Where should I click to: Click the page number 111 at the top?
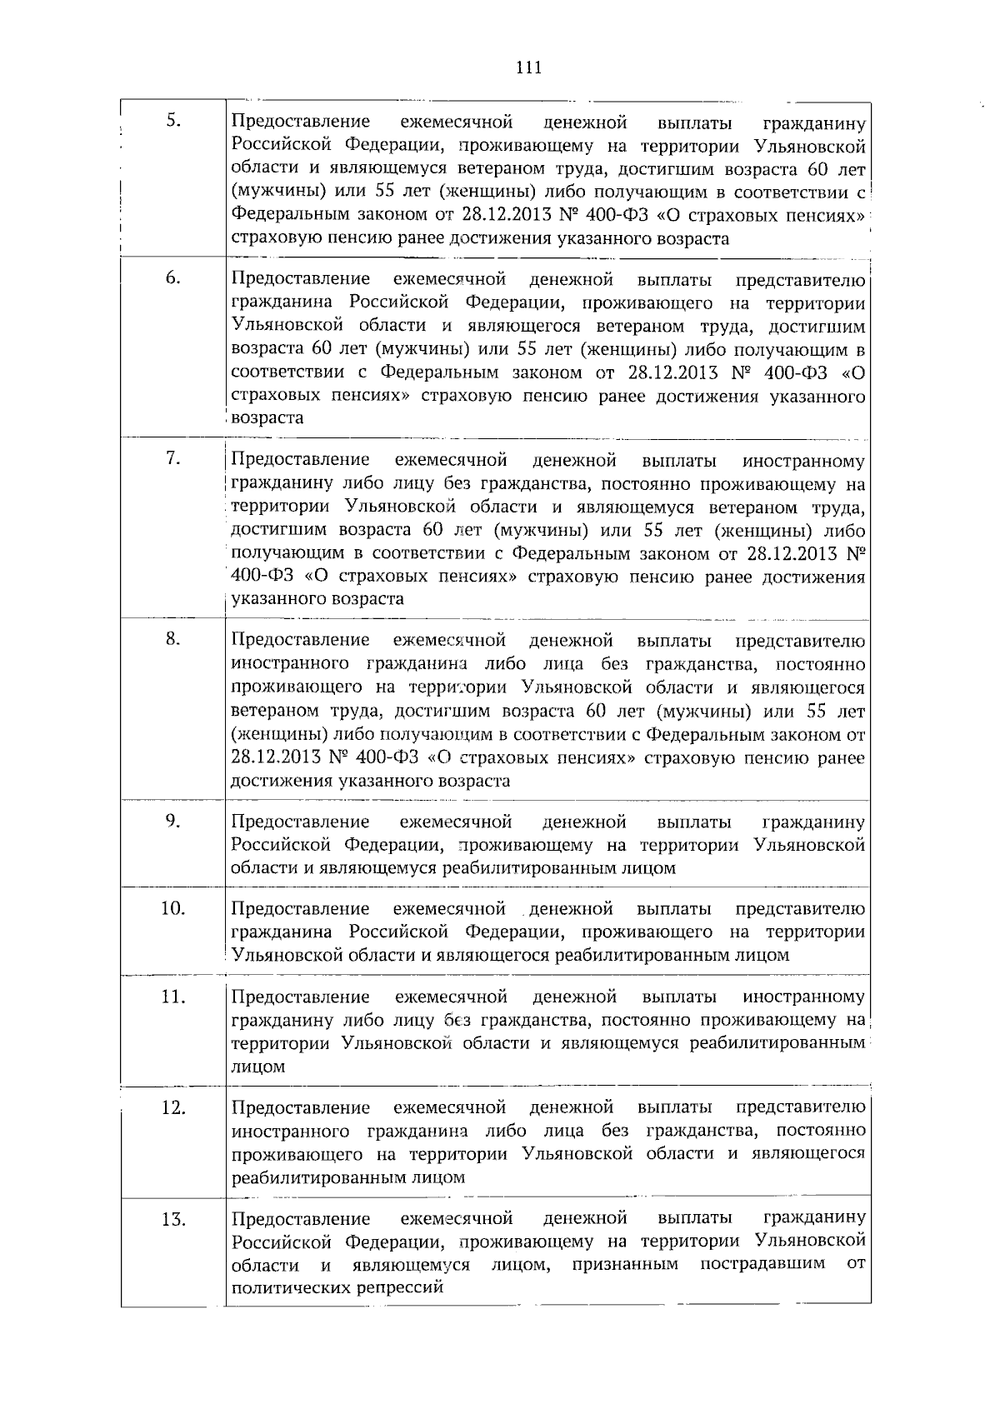[x=528, y=68]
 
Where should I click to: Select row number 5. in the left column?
[x=173, y=121]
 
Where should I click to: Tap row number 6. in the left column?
[x=173, y=278]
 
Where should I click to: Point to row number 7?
[x=173, y=458]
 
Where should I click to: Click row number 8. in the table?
[x=173, y=639]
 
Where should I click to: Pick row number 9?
[x=173, y=821]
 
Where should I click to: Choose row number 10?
[x=172, y=907]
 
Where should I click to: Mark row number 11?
[x=172, y=996]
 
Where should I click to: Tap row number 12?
[x=172, y=1107]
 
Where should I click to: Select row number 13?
[x=172, y=1219]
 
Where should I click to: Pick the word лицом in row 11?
[x=257, y=1067]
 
